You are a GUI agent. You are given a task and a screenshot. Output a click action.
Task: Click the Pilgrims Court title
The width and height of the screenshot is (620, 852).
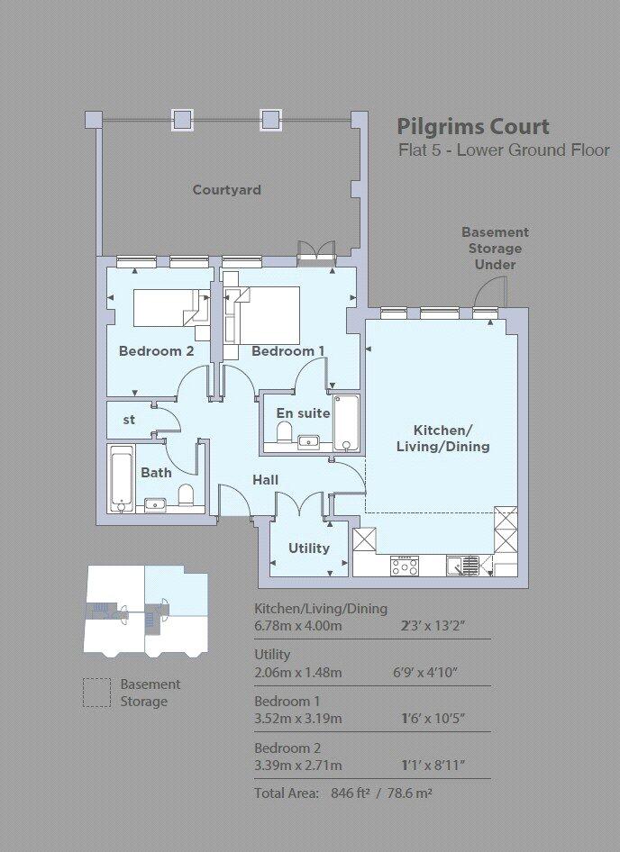click(x=473, y=128)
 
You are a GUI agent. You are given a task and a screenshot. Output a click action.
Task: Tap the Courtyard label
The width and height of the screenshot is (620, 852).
click(x=227, y=190)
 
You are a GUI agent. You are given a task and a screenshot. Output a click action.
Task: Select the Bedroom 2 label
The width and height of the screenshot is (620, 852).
click(x=156, y=351)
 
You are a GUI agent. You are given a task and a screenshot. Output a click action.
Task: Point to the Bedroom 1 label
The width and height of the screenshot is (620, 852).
click(x=288, y=351)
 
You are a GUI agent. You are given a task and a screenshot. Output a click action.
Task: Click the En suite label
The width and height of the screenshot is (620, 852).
click(x=303, y=413)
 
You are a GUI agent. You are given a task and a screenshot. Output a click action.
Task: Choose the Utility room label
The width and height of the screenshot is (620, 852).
click(x=309, y=548)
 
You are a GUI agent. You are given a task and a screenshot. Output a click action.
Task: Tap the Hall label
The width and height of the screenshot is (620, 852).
click(x=266, y=480)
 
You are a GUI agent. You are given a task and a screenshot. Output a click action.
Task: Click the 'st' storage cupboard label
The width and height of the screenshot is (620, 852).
click(x=129, y=420)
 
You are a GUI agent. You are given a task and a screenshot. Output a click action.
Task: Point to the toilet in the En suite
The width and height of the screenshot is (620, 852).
click(x=285, y=432)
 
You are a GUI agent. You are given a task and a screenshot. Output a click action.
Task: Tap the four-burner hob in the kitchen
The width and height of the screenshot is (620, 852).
click(x=404, y=566)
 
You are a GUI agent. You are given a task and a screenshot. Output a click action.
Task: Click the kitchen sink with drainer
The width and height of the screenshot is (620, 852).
click(x=463, y=566)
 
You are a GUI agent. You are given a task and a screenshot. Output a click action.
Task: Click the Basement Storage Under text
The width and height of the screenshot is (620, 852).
click(x=495, y=249)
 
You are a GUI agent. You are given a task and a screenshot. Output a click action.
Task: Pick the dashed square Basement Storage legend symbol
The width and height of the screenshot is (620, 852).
click(x=96, y=693)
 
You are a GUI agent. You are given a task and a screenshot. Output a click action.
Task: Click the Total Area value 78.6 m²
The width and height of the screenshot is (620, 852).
click(x=409, y=793)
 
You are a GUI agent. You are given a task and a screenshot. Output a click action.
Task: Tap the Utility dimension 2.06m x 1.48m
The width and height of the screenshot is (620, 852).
click(x=298, y=673)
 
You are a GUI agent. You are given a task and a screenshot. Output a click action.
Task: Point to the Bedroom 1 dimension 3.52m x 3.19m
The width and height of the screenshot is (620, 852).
click(x=298, y=719)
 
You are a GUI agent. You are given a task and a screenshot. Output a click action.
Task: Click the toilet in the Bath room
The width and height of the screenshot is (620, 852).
click(x=186, y=494)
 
